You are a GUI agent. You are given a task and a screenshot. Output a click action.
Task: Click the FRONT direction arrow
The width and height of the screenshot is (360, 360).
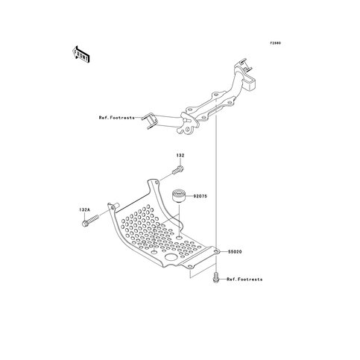pyautogui.click(x=80, y=54)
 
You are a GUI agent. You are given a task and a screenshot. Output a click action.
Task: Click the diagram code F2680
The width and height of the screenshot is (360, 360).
pyautogui.click(x=276, y=43)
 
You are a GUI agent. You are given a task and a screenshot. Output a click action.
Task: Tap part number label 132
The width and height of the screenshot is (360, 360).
pyautogui.click(x=180, y=156)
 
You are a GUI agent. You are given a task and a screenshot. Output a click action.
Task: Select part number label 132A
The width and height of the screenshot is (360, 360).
pyautogui.click(x=85, y=210)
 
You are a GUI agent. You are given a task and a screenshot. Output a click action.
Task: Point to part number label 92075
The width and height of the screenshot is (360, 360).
pyautogui.click(x=200, y=196)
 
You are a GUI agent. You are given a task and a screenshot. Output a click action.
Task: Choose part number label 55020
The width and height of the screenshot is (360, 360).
pyautogui.click(x=235, y=252)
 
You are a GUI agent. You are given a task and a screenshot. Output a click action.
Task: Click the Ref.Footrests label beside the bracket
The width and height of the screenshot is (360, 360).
pyautogui.click(x=116, y=118)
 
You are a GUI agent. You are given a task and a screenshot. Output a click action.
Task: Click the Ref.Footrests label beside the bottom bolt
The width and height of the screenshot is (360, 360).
pyautogui.click(x=244, y=280)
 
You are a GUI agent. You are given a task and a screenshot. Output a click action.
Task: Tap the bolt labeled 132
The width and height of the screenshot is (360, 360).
pyautogui.click(x=178, y=171)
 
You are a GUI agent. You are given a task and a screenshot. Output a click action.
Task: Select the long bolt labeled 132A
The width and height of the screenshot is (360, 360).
pyautogui.click(x=90, y=221)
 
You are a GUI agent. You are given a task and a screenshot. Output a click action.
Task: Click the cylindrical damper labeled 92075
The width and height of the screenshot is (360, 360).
pyautogui.click(x=179, y=196)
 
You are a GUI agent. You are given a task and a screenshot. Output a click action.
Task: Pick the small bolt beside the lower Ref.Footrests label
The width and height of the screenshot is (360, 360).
pyautogui.click(x=215, y=277)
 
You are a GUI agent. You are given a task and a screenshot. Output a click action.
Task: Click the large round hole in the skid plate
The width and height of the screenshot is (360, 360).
pyautogui.click(x=171, y=257)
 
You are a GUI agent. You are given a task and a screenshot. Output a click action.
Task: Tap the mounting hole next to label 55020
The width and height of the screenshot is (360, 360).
pyautogui.click(x=217, y=252)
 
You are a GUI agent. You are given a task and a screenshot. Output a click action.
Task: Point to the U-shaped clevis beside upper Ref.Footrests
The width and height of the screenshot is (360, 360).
pyautogui.click(x=148, y=121)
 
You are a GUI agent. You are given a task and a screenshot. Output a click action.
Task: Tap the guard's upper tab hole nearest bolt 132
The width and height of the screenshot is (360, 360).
pyautogui.click(x=157, y=183)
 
